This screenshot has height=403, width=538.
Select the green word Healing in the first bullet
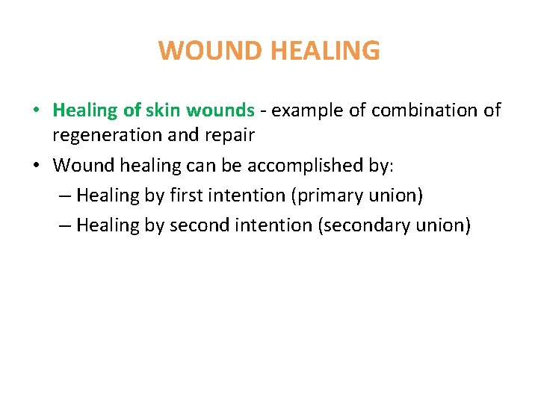tap(85, 110)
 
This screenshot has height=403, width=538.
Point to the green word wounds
tap(220, 110)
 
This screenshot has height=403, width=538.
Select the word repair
tap(229, 135)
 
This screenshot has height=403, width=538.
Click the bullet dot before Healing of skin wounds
tap(36, 111)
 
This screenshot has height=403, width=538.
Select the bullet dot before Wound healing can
tap(36, 166)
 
